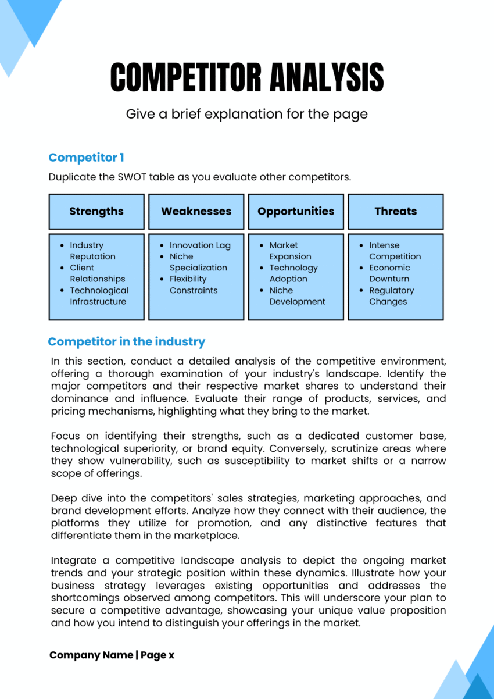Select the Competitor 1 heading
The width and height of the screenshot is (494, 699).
(86, 158)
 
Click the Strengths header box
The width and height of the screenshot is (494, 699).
(96, 211)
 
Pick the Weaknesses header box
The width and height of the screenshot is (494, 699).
(196, 211)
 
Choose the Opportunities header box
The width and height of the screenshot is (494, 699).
(296, 211)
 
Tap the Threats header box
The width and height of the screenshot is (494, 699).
(396, 211)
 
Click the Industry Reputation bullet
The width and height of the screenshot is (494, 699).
(92, 251)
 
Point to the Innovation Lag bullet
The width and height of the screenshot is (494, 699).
(199, 245)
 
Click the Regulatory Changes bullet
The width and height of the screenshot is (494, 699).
(391, 296)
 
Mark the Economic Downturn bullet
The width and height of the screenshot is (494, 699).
(389, 273)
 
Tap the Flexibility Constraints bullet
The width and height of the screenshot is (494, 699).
(193, 284)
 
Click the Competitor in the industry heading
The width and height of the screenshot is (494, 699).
(126, 342)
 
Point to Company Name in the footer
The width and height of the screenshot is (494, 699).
(91, 655)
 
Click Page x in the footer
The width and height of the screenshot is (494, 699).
(157, 655)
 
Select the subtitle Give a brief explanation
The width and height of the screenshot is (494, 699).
(246, 114)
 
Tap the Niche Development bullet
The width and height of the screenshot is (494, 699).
(296, 296)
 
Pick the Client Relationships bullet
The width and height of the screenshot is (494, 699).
(96, 273)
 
